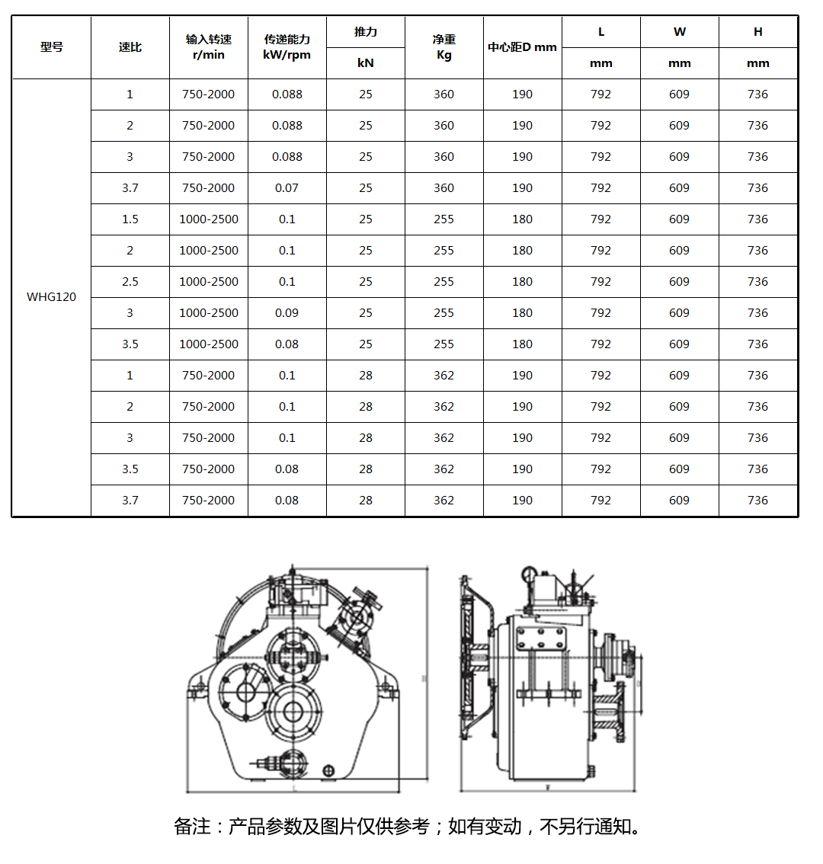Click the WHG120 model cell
pyautogui.click(x=51, y=297)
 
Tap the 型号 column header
pyautogui.click(x=51, y=47)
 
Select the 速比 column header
pyautogui.click(x=130, y=47)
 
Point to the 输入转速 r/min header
pyautogui.click(x=208, y=47)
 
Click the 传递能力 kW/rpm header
pyautogui.click(x=287, y=47)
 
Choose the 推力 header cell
pyautogui.click(x=366, y=32)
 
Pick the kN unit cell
pyautogui.click(x=366, y=63)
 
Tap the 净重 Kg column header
pyautogui.click(x=444, y=47)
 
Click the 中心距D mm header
pyautogui.click(x=522, y=47)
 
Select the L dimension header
pyautogui.click(x=601, y=32)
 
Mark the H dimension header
pyautogui.click(x=757, y=32)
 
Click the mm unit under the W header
pyautogui.click(x=679, y=63)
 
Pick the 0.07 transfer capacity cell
pyautogui.click(x=287, y=188)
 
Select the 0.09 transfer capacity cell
pyautogui.click(x=287, y=313)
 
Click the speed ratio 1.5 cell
pyautogui.click(x=130, y=219)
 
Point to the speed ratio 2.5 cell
pyautogui.click(x=130, y=282)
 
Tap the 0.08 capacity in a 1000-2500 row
pyautogui.click(x=287, y=344)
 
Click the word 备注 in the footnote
pyautogui.click(x=192, y=827)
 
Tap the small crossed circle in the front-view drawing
pyautogui.click(x=328, y=770)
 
